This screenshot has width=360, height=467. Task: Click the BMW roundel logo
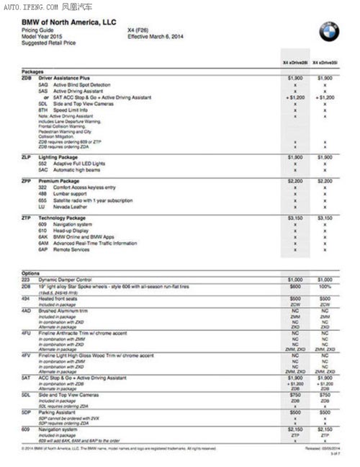328,30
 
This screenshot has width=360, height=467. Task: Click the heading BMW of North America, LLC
68,24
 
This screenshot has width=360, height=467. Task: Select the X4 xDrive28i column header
295,63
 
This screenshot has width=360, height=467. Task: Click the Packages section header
33,71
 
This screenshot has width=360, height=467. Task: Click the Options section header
30,272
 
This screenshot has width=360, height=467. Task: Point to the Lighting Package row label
60,156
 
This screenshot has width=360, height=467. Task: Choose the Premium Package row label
59,181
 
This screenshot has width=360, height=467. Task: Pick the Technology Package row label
62,217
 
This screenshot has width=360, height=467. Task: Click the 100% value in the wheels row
325,286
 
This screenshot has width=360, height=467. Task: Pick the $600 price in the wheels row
295,286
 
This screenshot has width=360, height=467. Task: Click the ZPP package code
27,181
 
